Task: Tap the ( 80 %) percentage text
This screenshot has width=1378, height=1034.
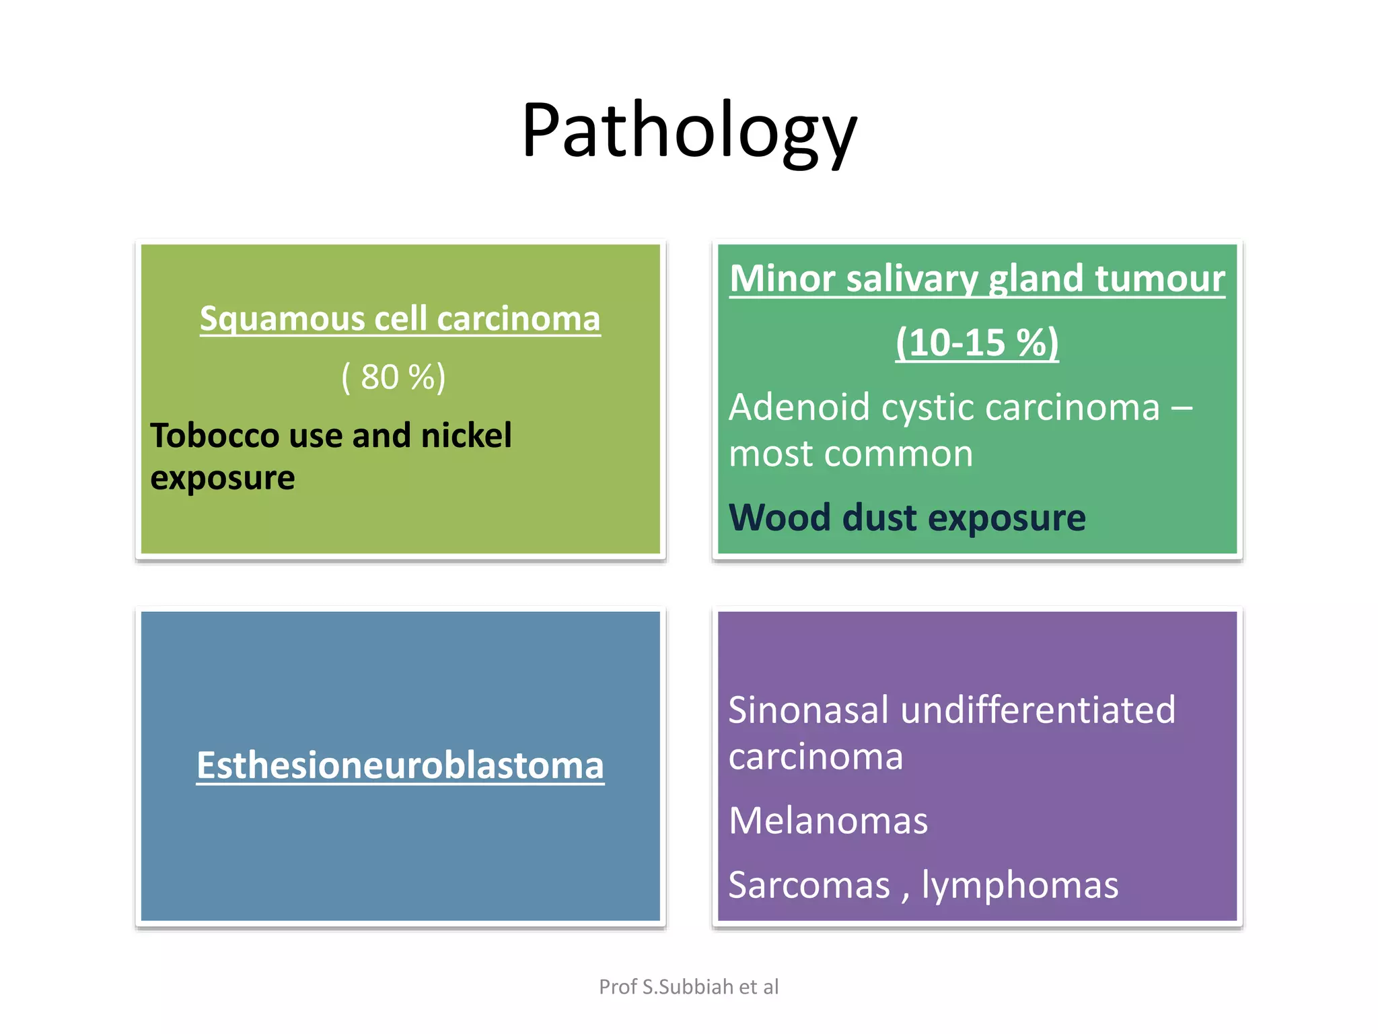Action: click(x=394, y=377)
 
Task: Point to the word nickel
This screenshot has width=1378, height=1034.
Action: click(x=466, y=436)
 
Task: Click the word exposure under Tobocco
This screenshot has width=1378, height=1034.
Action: click(x=222, y=479)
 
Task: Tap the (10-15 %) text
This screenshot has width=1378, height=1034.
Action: click(x=977, y=343)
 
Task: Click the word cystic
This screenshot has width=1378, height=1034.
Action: click(x=928, y=408)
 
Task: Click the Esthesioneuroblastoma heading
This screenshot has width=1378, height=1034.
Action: click(x=400, y=766)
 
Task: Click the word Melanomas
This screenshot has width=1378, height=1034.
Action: click(x=828, y=821)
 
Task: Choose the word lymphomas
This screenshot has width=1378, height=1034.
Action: click(x=1019, y=885)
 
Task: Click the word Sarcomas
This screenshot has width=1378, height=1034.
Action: click(x=809, y=885)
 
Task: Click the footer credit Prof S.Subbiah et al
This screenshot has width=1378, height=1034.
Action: click(x=688, y=987)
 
